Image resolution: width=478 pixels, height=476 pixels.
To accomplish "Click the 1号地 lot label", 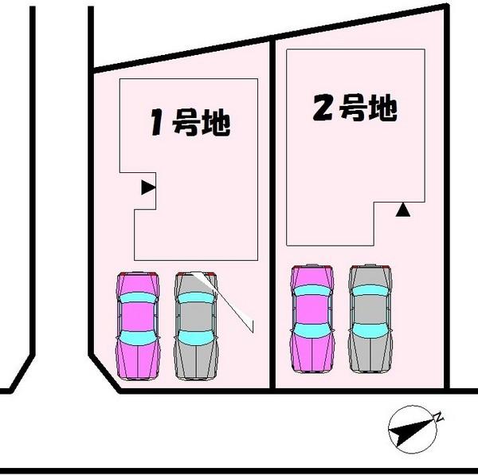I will click(190, 123).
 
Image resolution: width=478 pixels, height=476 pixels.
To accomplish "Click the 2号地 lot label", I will click(355, 108).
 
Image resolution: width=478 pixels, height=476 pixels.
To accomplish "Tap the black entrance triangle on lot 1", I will click(147, 188).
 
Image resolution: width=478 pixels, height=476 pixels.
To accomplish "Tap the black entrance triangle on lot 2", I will click(403, 210).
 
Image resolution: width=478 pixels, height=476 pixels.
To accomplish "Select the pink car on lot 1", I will click(138, 325).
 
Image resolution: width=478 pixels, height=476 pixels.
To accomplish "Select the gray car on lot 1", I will click(195, 325).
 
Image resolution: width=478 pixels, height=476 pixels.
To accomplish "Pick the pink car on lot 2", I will click(312, 318).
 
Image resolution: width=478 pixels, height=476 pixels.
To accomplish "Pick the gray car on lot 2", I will click(370, 318).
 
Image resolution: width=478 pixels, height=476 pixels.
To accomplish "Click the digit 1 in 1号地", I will click(158, 124).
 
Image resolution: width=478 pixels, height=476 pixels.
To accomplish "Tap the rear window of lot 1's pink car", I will click(138, 338).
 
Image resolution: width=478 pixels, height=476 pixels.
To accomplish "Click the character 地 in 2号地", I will click(383, 108).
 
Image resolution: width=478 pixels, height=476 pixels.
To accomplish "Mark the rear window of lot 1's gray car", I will click(195, 338).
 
